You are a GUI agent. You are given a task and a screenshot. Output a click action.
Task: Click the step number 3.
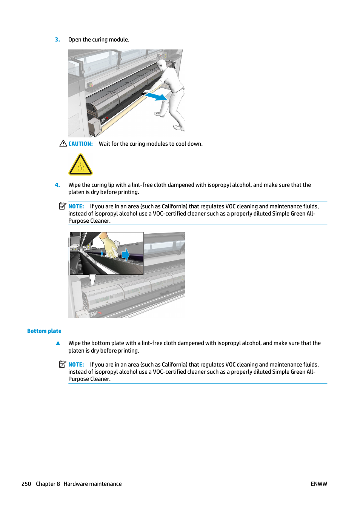pos(57,40)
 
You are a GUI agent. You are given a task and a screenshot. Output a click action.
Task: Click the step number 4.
pos(57,185)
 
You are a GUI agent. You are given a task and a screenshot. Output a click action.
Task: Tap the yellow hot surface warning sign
pos(80,165)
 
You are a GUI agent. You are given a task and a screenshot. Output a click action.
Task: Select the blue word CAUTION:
pos(80,144)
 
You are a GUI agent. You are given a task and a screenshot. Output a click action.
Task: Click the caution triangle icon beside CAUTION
pos(63,143)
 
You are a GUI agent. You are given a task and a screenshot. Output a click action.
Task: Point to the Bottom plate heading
pos(44,331)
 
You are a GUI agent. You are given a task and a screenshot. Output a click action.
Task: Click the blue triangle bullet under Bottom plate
pos(58,343)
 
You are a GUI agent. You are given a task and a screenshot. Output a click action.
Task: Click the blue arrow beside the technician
pos(156,97)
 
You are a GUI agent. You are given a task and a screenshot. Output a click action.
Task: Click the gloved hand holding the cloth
pos(109,246)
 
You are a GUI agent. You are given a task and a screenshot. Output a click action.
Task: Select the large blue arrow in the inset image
pos(125,255)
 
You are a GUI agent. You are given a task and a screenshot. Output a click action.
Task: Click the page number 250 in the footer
pos(26,484)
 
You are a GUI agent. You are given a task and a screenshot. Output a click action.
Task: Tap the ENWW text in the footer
pos(319,484)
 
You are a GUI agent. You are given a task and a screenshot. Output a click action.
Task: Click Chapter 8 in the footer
pos(48,484)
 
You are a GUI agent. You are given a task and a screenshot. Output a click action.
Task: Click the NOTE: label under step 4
pos(76,206)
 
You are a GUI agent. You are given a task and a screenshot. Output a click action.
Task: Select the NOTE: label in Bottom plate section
pos(76,365)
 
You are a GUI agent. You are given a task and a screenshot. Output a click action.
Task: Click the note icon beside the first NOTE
pos(63,206)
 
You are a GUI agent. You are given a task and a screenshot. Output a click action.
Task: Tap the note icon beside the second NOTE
pos(63,364)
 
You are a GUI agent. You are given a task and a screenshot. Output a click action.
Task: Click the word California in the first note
pos(174,206)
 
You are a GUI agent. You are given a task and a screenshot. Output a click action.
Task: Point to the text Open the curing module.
pos(99,40)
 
